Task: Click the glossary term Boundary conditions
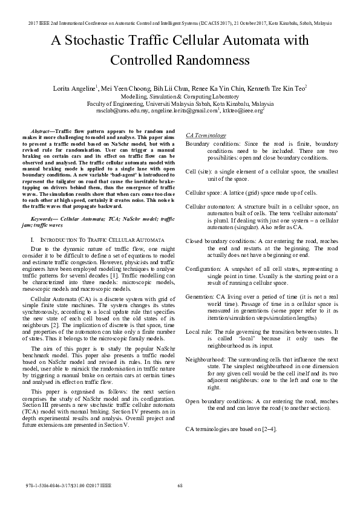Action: click(x=209, y=143)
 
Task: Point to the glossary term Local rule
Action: click(x=198, y=332)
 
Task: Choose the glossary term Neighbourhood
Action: click(x=205, y=360)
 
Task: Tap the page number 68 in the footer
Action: click(x=180, y=487)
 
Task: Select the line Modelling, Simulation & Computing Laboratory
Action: click(x=180, y=96)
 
